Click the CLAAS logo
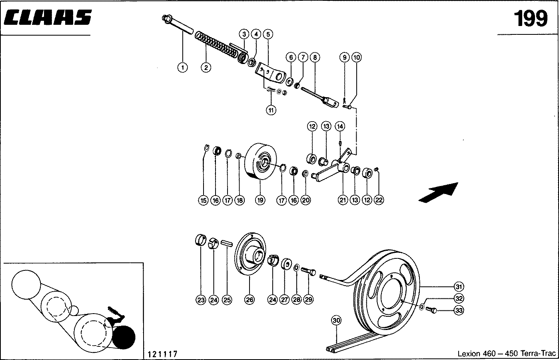pyautogui.click(x=48, y=18)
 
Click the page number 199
pyautogui.click(x=530, y=18)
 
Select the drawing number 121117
pyautogui.click(x=162, y=354)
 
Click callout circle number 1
pyautogui.click(x=182, y=68)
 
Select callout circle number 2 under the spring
pyautogui.click(x=206, y=68)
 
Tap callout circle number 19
pyautogui.click(x=260, y=200)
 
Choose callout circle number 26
pyautogui.click(x=249, y=300)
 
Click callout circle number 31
pyautogui.click(x=459, y=286)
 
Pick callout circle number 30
pyautogui.click(x=336, y=320)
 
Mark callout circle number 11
pyautogui.click(x=272, y=110)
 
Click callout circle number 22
pyautogui.click(x=379, y=200)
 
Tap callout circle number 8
pyautogui.click(x=315, y=58)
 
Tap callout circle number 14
pyautogui.click(x=339, y=126)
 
